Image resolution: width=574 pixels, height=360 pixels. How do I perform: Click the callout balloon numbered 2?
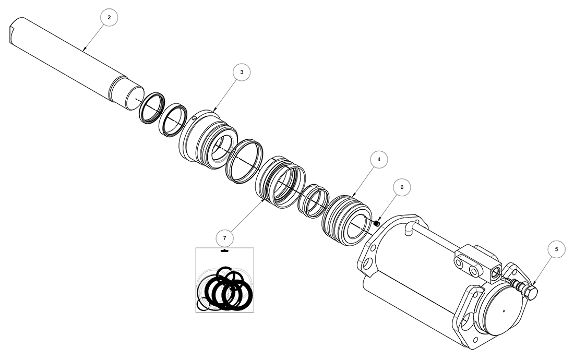(109, 18)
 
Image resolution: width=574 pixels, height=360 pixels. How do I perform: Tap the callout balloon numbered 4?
(379, 159)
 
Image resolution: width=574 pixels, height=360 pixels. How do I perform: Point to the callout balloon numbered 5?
(556, 249)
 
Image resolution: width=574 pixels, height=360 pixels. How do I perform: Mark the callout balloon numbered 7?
(224, 238)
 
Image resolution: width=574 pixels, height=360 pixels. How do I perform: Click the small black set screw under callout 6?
(376, 223)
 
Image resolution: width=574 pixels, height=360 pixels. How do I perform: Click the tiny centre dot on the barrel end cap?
(505, 313)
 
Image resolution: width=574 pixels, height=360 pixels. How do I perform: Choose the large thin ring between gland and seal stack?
(244, 161)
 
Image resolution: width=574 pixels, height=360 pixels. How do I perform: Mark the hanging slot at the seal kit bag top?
(225, 251)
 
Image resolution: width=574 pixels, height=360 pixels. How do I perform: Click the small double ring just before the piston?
(312, 200)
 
